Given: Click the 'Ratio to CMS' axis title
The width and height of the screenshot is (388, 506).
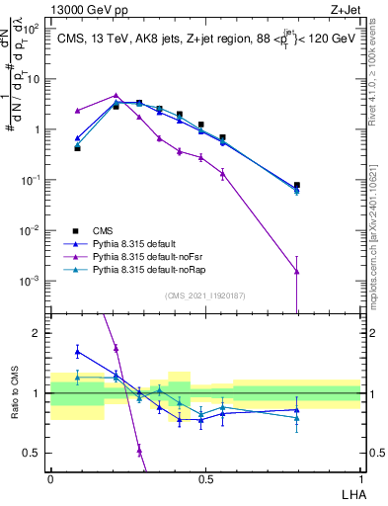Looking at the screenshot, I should [x=14, y=395].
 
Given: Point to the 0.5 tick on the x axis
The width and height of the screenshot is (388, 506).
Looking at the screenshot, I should [x=205, y=477].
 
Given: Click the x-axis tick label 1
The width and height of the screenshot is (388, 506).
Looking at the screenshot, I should [x=359, y=477].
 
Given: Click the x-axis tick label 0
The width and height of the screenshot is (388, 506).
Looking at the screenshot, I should [x=50, y=477].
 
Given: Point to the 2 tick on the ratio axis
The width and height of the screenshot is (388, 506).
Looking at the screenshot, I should [x=37, y=333].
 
